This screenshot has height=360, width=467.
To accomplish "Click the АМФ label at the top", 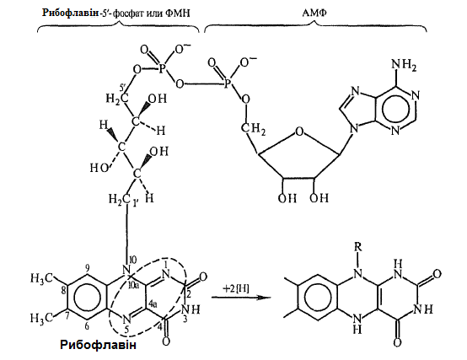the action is (314, 13).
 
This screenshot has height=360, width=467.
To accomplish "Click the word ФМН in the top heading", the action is (177, 13).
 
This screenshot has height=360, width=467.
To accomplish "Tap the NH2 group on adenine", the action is (404, 66).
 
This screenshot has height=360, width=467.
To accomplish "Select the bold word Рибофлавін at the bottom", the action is (99, 345).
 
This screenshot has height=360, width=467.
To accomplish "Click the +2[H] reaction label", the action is (236, 288).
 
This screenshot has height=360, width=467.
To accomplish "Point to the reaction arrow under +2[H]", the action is (241, 298).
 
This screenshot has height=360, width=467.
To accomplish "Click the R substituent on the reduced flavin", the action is (358, 247).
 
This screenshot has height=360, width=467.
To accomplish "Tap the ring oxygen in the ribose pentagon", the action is (299, 132).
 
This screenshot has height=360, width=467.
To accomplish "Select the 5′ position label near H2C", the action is (123, 88).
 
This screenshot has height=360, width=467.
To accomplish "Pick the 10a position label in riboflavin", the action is (133, 286).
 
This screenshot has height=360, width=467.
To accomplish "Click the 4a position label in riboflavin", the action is (153, 304).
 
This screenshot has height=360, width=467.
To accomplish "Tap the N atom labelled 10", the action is (126, 271).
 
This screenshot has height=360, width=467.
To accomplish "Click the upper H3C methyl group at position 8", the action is (41, 279).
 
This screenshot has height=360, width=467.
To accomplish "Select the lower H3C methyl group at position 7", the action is (41, 318).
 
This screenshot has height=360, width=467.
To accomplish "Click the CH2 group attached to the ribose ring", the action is (253, 129).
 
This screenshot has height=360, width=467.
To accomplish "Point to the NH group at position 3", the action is (191, 309).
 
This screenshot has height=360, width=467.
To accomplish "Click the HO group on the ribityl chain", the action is (99, 169).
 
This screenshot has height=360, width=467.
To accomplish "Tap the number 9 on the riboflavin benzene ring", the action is (87, 269).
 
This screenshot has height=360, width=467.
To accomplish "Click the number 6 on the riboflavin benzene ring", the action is (87, 326).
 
